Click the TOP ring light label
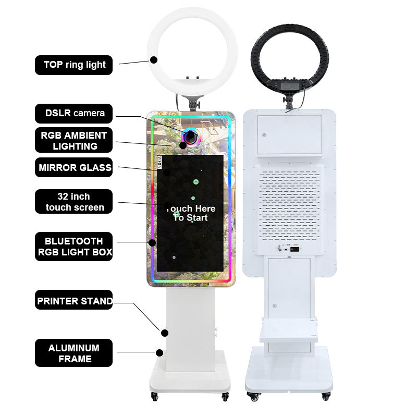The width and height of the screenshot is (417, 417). (73, 65)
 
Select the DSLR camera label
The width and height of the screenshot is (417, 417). (73, 114)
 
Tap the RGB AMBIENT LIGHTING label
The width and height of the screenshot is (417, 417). (73, 140)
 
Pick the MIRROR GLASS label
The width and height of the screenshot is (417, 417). (73, 167)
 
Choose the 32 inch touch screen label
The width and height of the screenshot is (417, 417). (73, 202)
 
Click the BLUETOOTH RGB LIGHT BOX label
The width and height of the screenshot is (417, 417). (73, 247)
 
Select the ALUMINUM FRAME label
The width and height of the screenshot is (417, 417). (73, 353)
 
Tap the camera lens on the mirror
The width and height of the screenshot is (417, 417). (190, 136)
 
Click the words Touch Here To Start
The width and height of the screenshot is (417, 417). (190, 213)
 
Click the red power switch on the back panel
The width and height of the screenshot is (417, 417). (295, 249)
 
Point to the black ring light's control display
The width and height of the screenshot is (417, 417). (288, 86)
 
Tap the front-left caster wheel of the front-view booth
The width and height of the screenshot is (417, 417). (154, 397)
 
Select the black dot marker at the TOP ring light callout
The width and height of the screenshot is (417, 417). (154, 60)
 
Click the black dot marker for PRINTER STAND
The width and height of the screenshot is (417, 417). (165, 333)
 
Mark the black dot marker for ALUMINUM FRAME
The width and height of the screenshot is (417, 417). (160, 353)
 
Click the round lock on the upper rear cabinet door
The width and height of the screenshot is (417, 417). (264, 135)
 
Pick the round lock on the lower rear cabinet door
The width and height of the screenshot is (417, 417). (275, 306)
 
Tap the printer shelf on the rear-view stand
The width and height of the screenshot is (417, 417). (289, 330)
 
